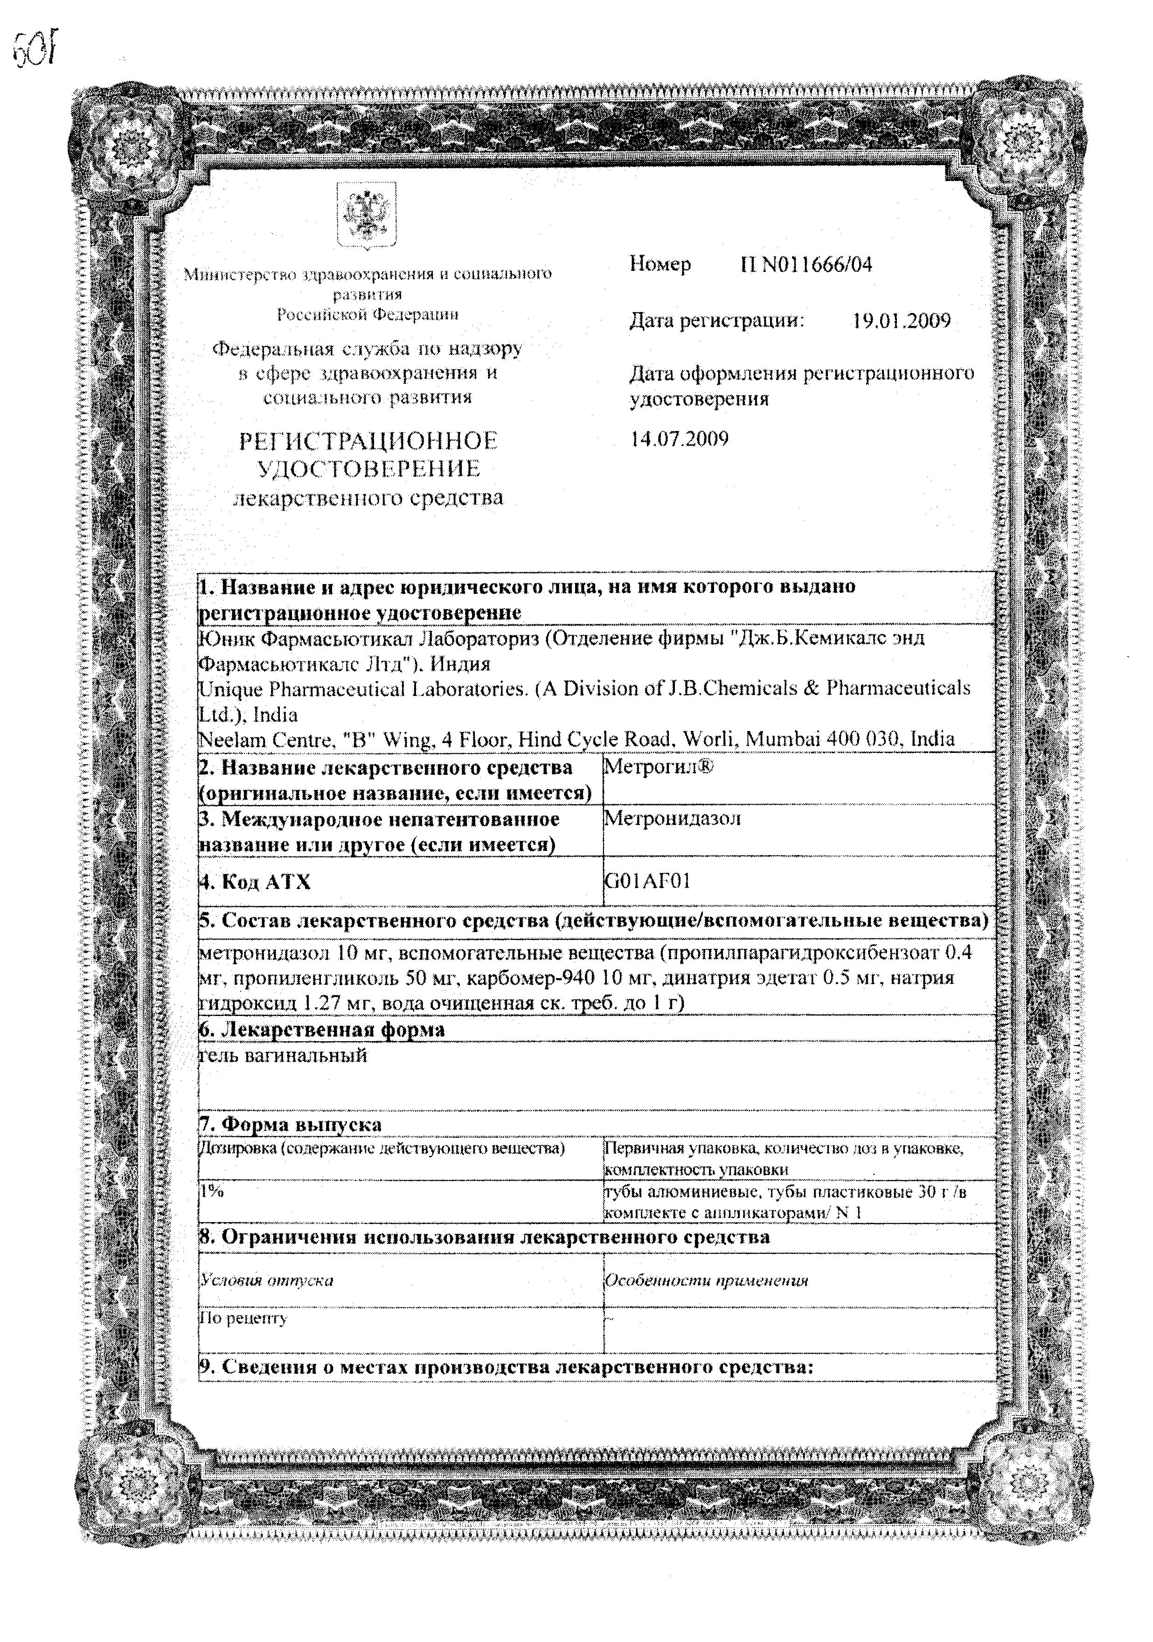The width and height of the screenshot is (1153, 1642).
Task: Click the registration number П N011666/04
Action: (806, 265)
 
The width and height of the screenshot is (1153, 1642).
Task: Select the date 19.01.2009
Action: (901, 321)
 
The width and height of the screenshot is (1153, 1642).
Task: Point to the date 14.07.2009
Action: (679, 438)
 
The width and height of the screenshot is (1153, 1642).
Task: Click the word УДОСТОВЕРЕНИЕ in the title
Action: (368, 469)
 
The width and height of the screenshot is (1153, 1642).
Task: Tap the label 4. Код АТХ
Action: (255, 882)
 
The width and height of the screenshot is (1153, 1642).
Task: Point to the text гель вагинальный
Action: (283, 1056)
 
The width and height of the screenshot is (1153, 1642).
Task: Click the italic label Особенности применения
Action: (706, 1280)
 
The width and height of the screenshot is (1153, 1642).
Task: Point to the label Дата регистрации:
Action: (717, 321)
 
